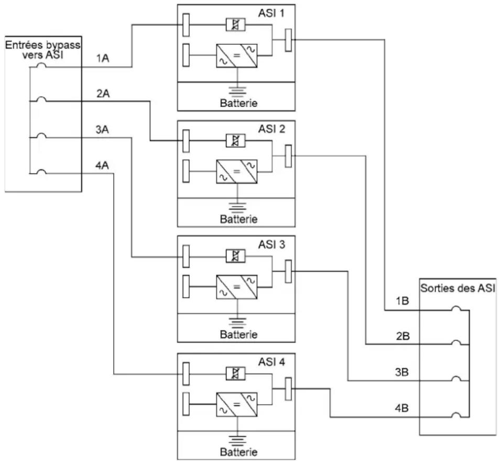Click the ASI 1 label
point(271,14)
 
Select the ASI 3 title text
point(271,245)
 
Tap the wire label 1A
point(103,58)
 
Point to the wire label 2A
point(103,93)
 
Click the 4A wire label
point(102,165)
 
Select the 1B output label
point(402,301)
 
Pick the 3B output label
point(402,372)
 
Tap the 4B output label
point(402,408)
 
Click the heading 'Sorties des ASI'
point(458,288)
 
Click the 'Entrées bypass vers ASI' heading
point(43,50)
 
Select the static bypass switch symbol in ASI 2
point(236,141)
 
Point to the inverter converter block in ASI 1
point(236,56)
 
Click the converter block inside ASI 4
point(236,404)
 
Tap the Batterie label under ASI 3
point(238,335)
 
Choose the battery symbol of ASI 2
point(237,207)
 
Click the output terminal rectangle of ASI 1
point(288,40)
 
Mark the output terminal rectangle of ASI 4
point(288,389)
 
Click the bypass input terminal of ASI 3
point(186,256)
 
